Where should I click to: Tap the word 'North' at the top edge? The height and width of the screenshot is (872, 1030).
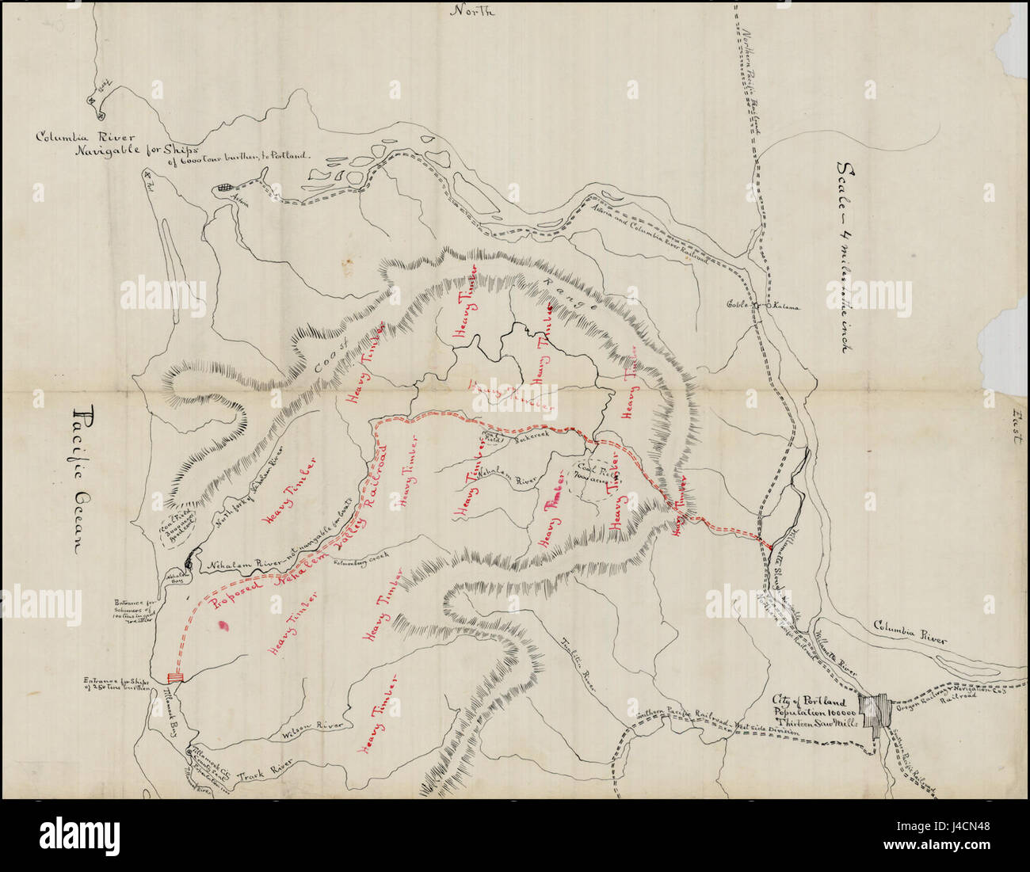tap(472, 10)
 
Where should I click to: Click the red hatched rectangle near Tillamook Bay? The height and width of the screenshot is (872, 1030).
tap(176, 676)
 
